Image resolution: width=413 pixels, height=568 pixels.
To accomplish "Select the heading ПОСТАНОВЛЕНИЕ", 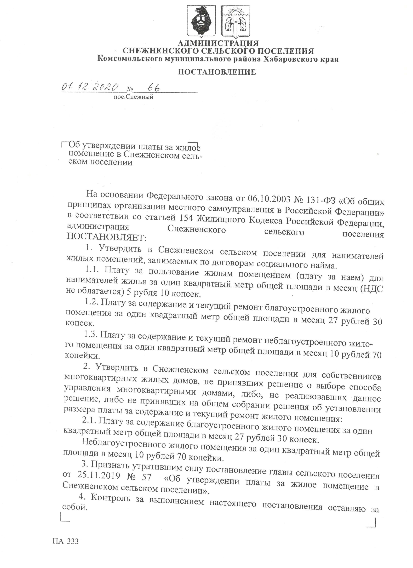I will pyautogui.click(x=217, y=72).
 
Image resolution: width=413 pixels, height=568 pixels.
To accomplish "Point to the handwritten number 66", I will pyautogui.click(x=154, y=88).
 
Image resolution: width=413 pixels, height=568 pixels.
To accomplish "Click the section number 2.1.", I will pyautogui.click(x=90, y=420).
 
